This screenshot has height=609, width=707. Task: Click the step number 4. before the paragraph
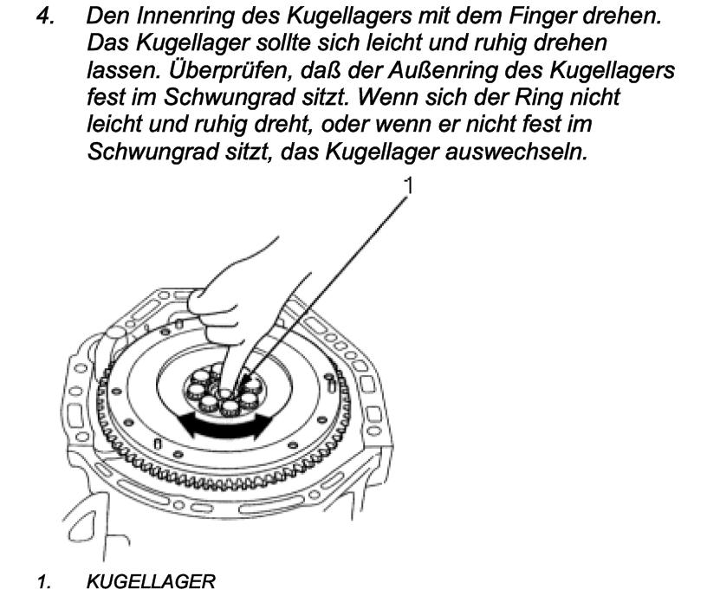pyautogui.click(x=46, y=16)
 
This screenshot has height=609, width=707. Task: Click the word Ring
pyautogui.click(x=539, y=97)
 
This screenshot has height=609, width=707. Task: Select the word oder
pyautogui.click(x=344, y=125)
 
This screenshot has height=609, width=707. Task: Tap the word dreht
pyautogui.click(x=283, y=126)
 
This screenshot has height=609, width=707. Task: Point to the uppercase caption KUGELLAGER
pyautogui.click(x=151, y=581)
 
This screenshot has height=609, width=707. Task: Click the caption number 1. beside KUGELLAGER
pyautogui.click(x=44, y=581)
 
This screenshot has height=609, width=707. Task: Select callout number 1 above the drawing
pyautogui.click(x=408, y=185)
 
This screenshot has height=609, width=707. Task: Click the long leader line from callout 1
pyautogui.click(x=322, y=289)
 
